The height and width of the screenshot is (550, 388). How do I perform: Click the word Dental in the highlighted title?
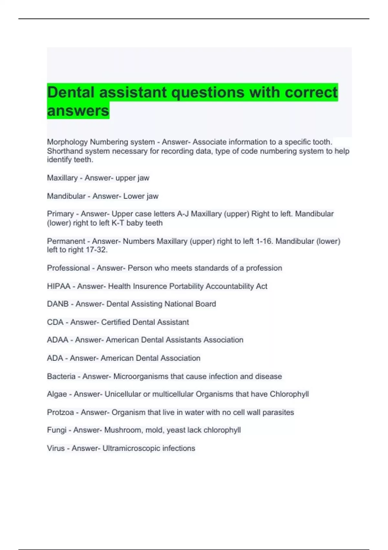tap(70, 92)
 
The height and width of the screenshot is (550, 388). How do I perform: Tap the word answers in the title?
tap(78, 111)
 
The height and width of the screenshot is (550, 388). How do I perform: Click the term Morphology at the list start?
tap(67, 142)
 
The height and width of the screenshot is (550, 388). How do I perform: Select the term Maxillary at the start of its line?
tap(62, 178)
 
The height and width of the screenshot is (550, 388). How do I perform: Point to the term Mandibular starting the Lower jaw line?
tap(66, 196)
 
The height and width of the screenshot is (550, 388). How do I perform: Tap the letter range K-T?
tap(118, 223)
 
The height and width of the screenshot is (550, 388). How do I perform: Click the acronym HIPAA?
tap(59, 286)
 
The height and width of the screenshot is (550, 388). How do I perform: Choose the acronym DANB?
tap(58, 304)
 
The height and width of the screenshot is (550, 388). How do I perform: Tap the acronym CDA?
tap(55, 322)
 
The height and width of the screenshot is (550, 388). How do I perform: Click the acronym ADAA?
tap(58, 340)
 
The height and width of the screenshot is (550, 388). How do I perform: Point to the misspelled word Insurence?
tap(150, 286)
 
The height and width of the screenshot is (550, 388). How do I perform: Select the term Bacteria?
tap(61, 377)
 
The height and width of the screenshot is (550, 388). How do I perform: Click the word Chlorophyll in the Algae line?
tap(289, 394)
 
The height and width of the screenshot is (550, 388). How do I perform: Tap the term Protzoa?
tap(60, 412)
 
